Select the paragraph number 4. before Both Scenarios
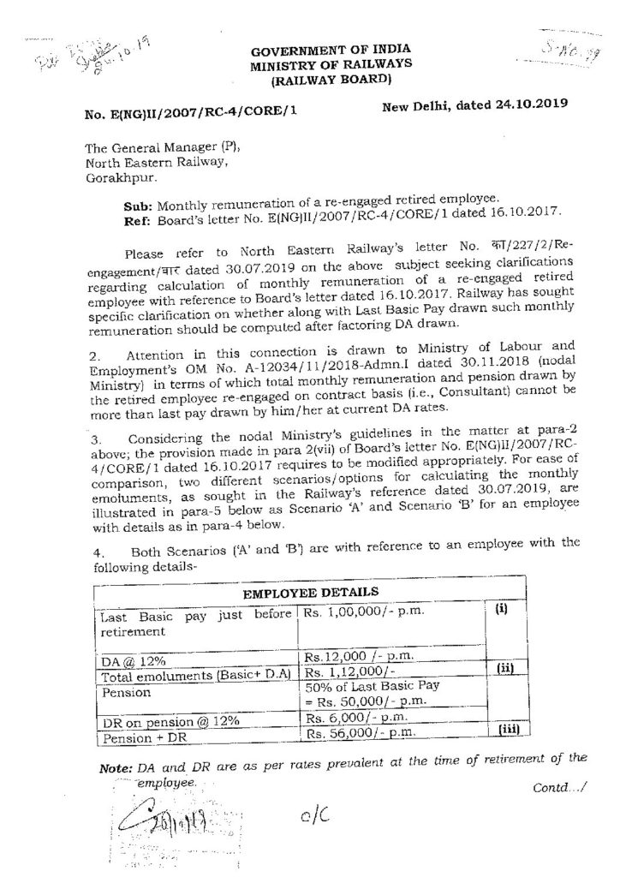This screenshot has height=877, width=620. [101, 550]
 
